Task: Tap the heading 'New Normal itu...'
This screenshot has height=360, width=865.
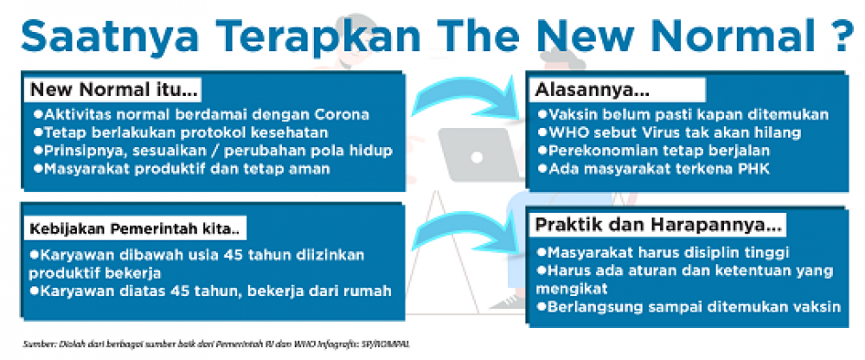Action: pyautogui.click(x=113, y=89)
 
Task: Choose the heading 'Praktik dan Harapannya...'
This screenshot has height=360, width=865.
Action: pyautogui.click(x=659, y=225)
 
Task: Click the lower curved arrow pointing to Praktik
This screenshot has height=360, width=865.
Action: pyautogui.click(x=465, y=235)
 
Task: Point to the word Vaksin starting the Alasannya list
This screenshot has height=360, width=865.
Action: pyautogui.click(x=573, y=115)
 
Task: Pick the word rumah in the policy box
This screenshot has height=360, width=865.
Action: pyautogui.click(x=366, y=291)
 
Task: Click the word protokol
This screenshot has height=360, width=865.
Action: pyautogui.click(x=196, y=133)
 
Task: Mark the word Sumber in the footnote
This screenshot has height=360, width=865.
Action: pyautogui.click(x=35, y=344)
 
